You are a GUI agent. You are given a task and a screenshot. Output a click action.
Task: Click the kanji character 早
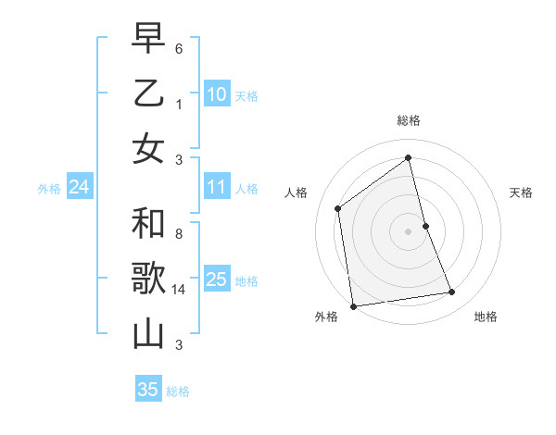point(148,38)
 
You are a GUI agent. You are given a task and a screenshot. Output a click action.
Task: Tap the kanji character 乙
point(148,93)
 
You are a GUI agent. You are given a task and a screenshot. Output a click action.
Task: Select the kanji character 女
point(148,147)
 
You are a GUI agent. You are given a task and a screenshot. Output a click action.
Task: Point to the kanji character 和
point(148,223)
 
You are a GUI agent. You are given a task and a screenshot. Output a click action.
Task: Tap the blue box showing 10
point(216,93)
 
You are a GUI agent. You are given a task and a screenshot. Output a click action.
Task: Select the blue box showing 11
point(216,187)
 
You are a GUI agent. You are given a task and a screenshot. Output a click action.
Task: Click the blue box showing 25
point(216,280)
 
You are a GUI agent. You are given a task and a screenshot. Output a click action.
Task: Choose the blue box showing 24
point(79,187)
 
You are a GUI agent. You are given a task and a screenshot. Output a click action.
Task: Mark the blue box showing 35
point(147,390)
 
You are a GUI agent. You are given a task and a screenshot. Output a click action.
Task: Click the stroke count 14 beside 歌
point(180,290)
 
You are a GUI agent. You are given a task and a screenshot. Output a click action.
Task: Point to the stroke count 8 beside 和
point(180,235)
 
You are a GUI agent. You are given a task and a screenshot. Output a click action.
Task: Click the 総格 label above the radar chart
point(408,120)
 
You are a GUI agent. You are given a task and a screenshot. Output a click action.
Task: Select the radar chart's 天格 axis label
point(521,193)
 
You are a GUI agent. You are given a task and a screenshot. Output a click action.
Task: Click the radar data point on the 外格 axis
point(352,305)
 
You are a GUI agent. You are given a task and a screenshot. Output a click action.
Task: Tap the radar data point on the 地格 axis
point(452,292)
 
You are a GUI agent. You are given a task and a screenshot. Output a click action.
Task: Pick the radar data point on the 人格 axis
point(338,208)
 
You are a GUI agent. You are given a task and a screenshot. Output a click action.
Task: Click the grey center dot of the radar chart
point(408,230)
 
